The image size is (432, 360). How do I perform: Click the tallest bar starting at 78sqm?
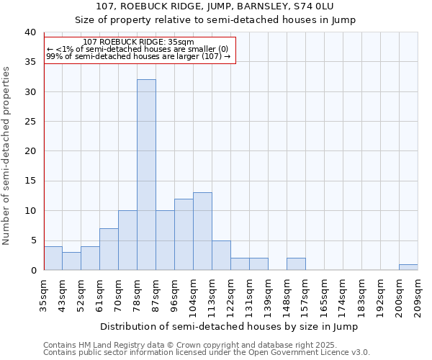pos(146,175)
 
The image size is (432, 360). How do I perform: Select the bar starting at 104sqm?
pos(202,231)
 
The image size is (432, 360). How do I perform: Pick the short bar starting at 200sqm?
pos(408,267)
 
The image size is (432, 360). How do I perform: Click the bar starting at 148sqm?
pos(296,264)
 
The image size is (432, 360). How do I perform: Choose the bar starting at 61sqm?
pos(109,249)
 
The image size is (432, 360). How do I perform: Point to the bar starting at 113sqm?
pos(221,255)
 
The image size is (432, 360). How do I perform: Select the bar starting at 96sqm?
pos(184,234)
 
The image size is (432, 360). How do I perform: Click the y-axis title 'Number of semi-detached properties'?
pos(6,156)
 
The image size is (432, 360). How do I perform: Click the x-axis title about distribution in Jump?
pos(230,326)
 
